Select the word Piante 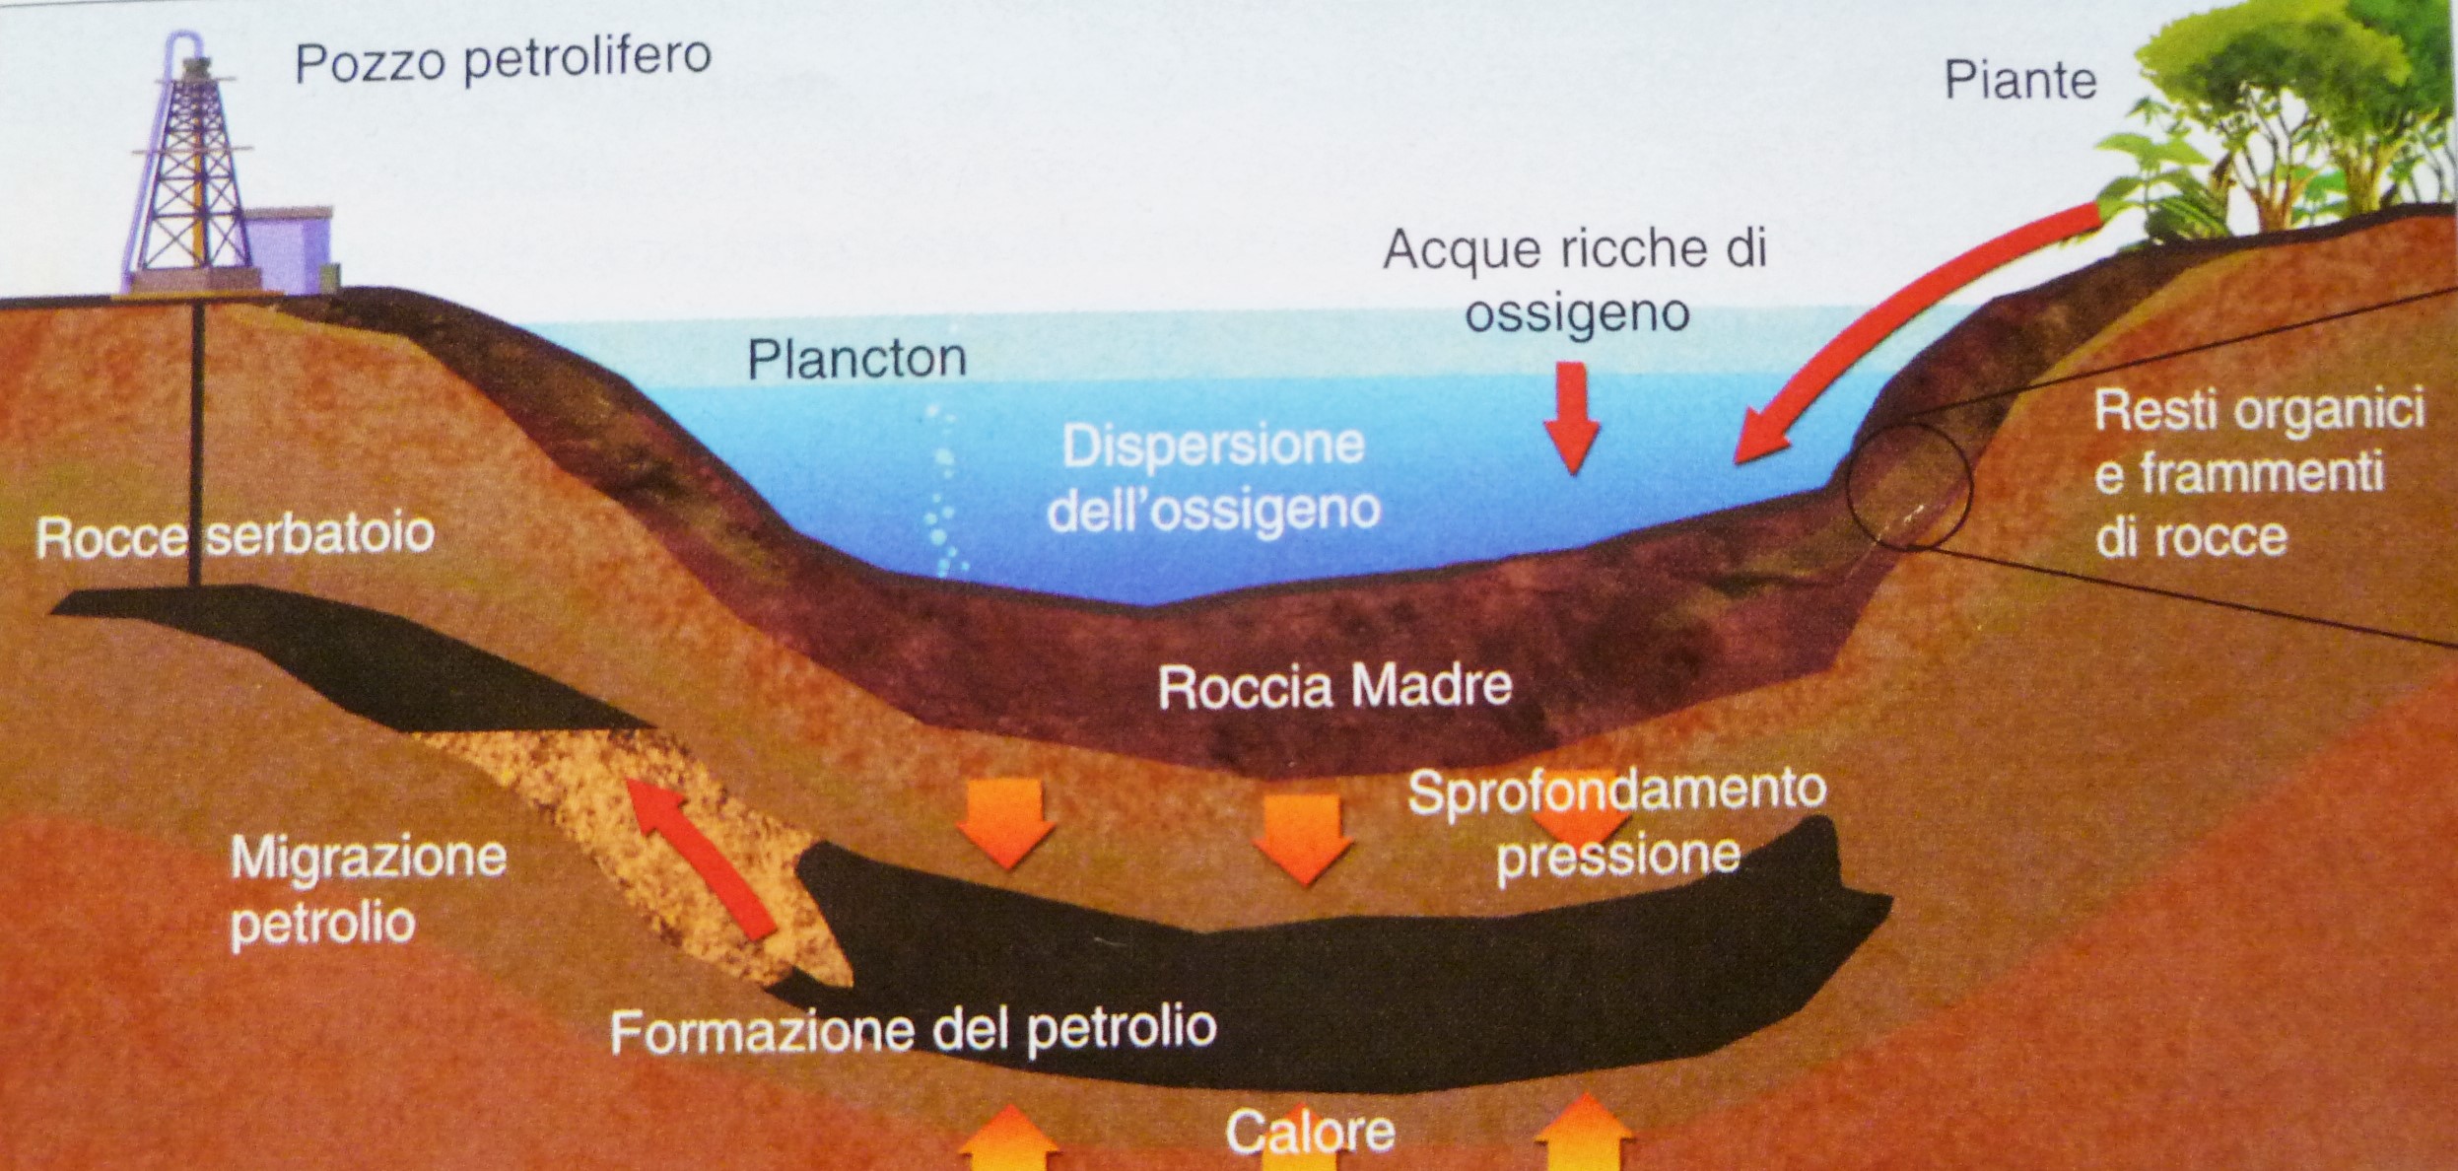click(2019, 81)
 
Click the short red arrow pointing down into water click(1572, 417)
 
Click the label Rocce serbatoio click(235, 535)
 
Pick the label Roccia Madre click(1334, 687)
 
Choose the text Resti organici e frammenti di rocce click(2259, 474)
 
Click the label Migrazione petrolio click(368, 891)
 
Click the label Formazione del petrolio click(913, 1030)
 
